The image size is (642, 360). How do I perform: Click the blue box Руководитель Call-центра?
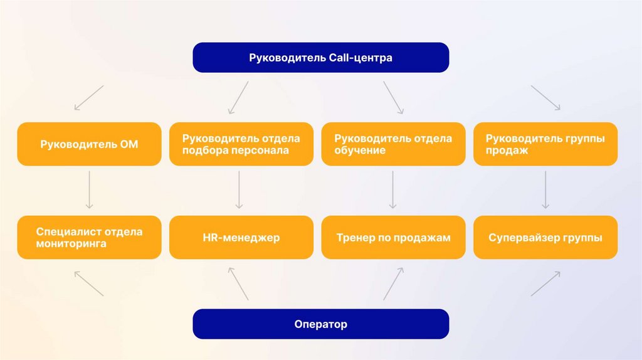(320, 58)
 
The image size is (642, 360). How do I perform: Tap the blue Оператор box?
(320, 324)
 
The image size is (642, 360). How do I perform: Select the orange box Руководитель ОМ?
(89, 144)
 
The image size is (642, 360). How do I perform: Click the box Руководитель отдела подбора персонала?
(241, 144)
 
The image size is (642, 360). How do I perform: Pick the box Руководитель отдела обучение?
(393, 144)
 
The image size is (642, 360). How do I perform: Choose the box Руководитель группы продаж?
(545, 144)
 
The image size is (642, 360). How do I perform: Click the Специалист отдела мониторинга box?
(89, 238)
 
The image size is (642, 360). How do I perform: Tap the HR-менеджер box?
(241, 238)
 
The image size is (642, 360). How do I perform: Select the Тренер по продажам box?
(393, 238)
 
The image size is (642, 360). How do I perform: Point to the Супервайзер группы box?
(545, 238)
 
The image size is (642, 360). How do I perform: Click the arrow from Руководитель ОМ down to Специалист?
(89, 189)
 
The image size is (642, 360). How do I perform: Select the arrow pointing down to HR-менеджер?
(239, 189)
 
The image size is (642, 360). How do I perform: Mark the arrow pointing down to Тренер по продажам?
(392, 189)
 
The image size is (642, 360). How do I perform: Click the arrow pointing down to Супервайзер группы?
(545, 189)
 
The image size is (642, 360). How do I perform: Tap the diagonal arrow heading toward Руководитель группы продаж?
(545, 98)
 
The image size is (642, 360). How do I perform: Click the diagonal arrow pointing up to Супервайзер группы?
(545, 283)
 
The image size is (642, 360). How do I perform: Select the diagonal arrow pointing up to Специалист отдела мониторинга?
(88, 283)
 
